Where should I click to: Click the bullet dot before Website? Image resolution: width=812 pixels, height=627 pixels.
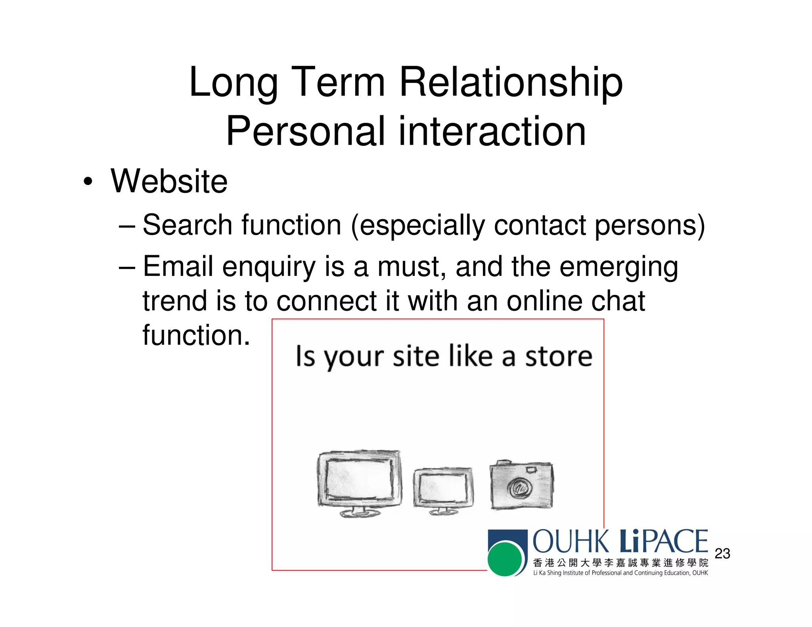coord(88,182)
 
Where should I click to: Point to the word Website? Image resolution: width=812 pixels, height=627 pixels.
coord(169,182)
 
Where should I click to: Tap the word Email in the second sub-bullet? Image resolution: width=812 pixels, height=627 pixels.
coord(178,266)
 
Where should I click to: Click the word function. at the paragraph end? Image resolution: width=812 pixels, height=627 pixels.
coord(196,336)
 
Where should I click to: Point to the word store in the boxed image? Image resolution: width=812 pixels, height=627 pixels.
coord(559,356)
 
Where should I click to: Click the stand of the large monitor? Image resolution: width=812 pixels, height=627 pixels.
coord(360,512)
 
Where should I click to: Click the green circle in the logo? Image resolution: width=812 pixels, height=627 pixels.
coord(505,559)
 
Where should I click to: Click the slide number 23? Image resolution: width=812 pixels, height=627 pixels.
coord(722,554)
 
